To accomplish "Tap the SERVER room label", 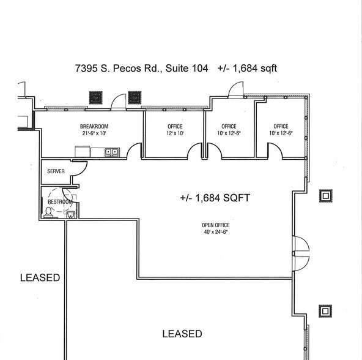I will (56, 171).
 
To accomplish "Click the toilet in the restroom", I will (48, 212).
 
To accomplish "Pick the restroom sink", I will (71, 214).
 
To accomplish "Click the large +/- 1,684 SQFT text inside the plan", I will (215, 198).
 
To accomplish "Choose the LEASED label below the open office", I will (182, 334).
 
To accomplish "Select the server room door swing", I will (78, 170).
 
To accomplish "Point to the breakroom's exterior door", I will (119, 100).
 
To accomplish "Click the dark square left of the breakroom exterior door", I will (96, 97).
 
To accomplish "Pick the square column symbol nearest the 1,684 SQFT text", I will (326, 196).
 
